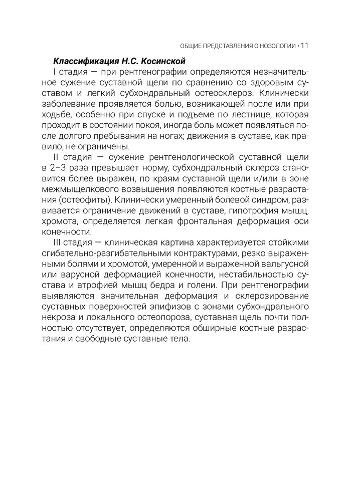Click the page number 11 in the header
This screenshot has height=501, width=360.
pos(304,46)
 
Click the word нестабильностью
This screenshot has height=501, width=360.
pos(241,277)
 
